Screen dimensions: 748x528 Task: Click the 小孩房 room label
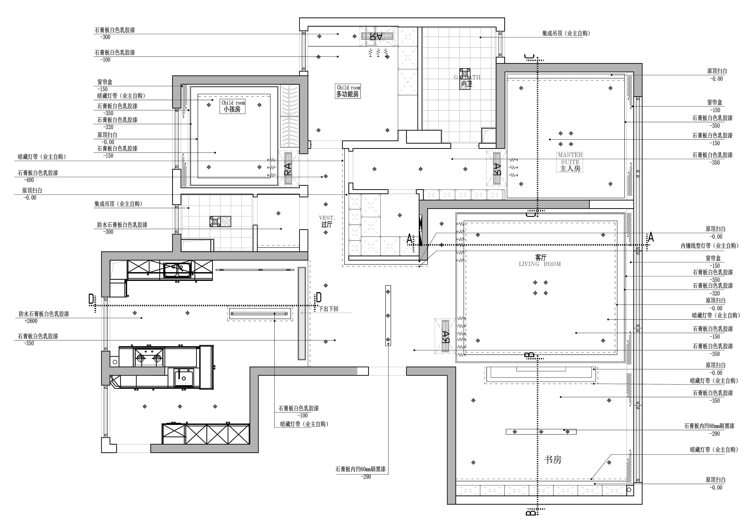(232, 109)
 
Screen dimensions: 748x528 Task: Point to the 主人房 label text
(570, 169)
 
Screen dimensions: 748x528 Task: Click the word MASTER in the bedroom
(570, 155)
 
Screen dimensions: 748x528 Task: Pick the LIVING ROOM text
(540, 264)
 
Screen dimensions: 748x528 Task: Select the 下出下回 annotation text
(328, 309)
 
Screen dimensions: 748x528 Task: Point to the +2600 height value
(31, 321)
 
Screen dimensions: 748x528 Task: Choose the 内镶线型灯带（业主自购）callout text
(710, 246)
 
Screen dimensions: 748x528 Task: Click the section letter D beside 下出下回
(319, 297)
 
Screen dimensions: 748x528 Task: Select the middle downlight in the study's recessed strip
(541, 432)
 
